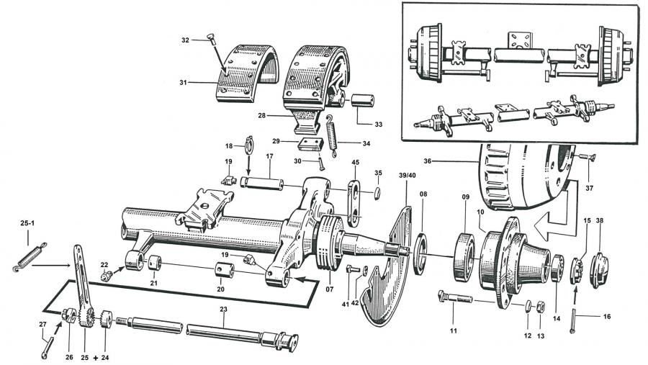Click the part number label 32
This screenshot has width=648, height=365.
pos(185,40)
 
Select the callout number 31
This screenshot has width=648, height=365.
pos(183,83)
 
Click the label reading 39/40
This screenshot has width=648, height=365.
pos(407,176)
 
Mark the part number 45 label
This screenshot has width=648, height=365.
pos(356,163)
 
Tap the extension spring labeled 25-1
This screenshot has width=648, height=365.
pos(29,256)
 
